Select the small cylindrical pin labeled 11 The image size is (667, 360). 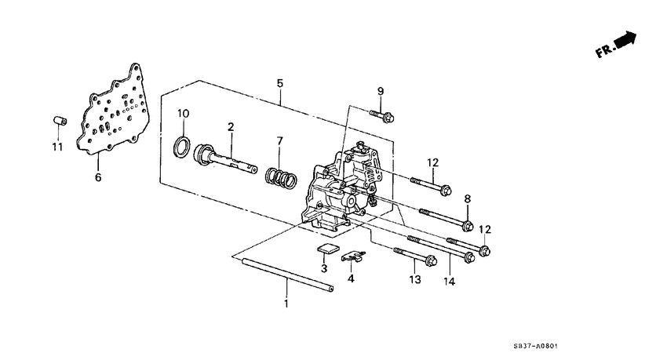coord(57,121)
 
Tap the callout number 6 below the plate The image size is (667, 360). coord(98,178)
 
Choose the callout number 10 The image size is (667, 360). coord(183,114)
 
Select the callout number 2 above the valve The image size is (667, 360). coord(231,126)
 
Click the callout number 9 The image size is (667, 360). coord(381,91)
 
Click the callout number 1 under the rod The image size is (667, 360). coord(286,303)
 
